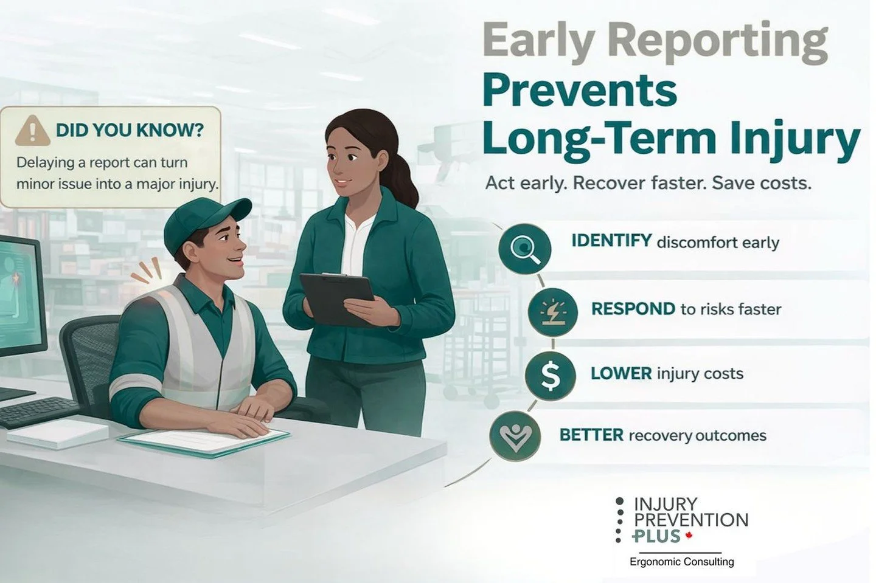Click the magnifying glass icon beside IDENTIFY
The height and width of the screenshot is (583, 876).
(524, 248)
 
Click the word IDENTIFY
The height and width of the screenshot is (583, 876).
(611, 241)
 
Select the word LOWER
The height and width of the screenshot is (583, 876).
(620, 373)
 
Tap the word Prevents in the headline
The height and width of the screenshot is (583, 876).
(579, 90)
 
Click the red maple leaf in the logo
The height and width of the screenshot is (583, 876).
(689, 536)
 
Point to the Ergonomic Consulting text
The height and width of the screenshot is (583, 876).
(681, 562)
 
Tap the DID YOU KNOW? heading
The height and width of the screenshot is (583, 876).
(130, 130)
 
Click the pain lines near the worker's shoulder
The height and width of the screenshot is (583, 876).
(147, 271)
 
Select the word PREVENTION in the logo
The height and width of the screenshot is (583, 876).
(690, 520)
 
